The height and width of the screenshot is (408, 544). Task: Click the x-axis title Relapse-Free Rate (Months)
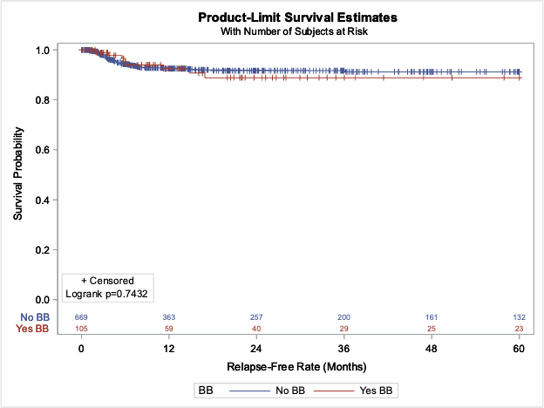(296, 365)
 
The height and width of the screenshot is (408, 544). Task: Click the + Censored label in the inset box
(107, 281)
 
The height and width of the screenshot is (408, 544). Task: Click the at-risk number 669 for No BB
(81, 316)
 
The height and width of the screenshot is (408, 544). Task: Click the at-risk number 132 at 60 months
(520, 316)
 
